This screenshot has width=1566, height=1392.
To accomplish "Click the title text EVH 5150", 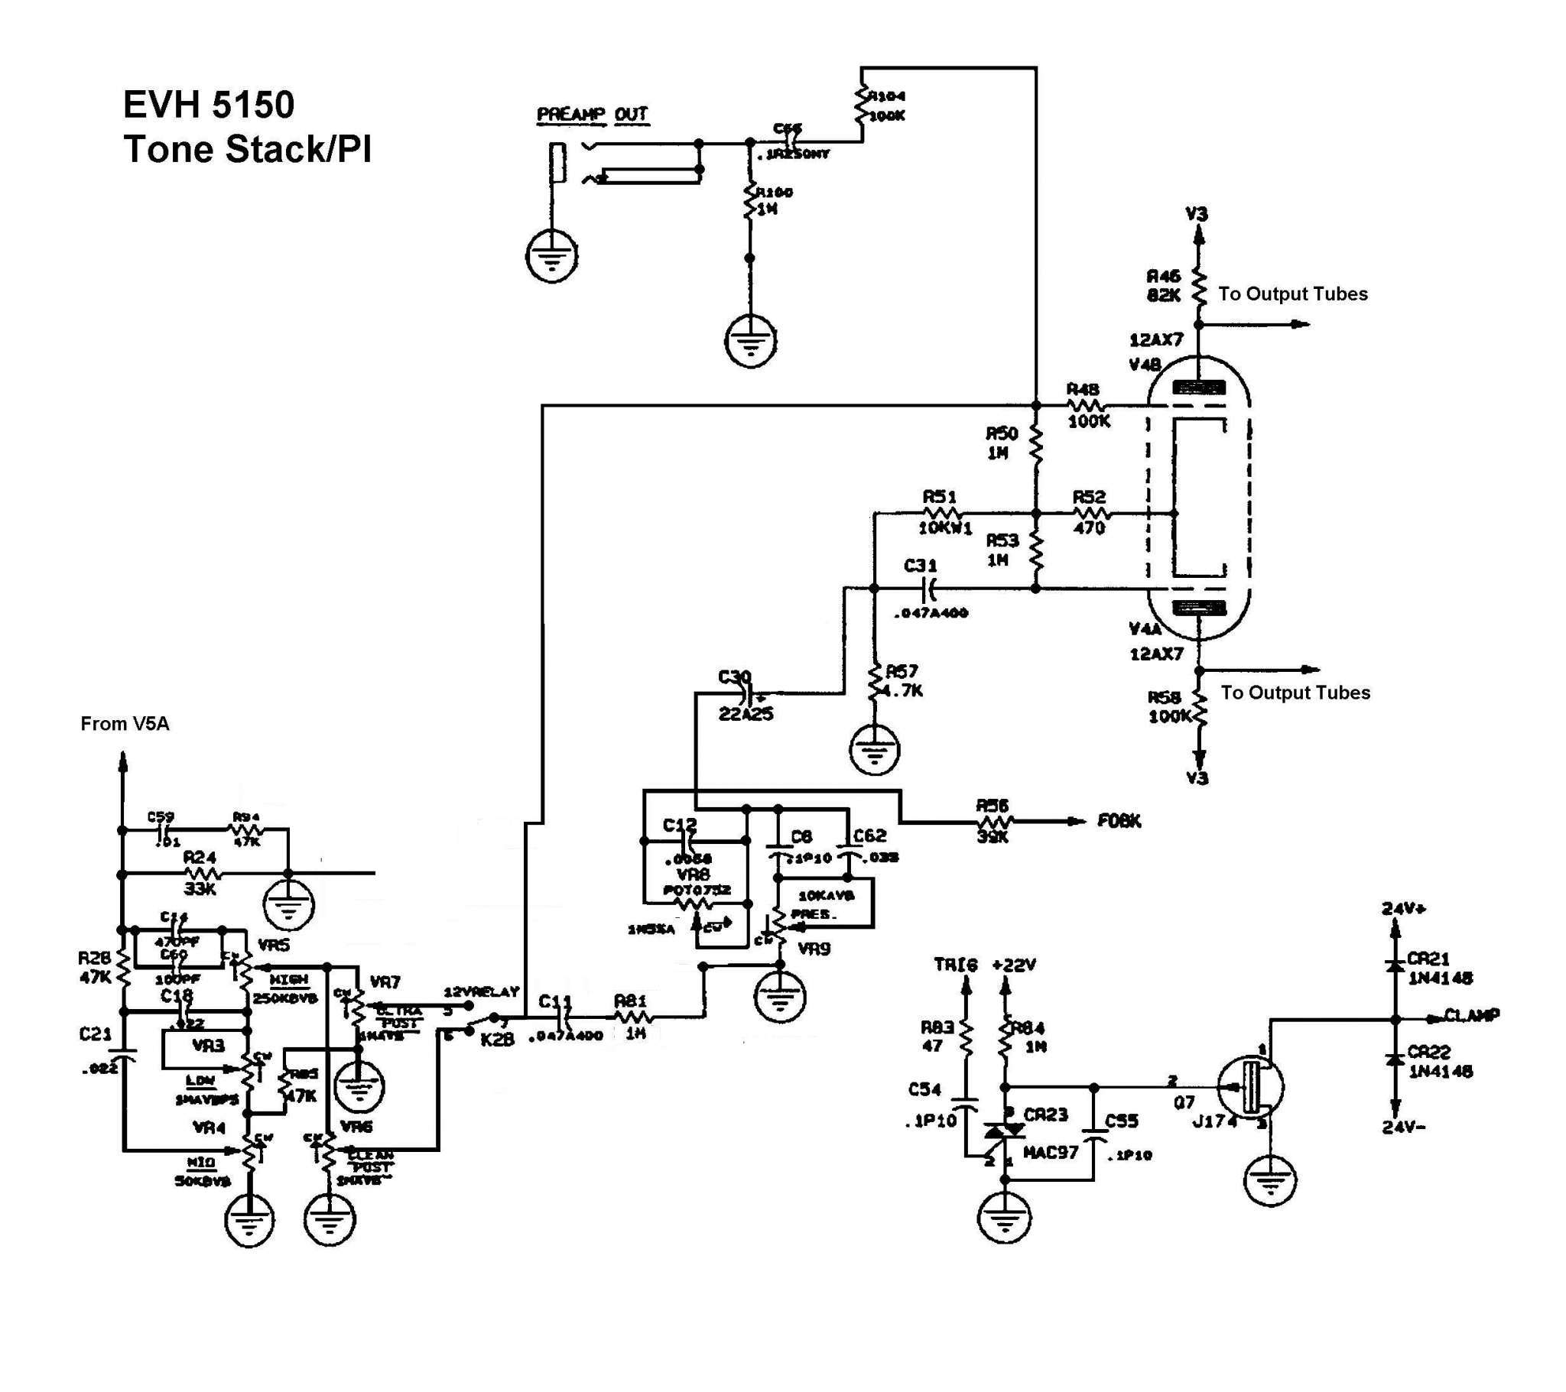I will (209, 104).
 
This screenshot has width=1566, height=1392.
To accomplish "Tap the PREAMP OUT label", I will (593, 115).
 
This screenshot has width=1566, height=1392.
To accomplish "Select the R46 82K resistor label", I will (1163, 286).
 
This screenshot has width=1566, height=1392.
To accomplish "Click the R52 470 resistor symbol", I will (1091, 513).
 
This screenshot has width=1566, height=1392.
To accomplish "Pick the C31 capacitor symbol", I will (929, 589).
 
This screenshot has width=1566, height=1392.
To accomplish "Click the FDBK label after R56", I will (1119, 821).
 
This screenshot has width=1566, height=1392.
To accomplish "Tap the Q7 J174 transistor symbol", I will (1250, 1086).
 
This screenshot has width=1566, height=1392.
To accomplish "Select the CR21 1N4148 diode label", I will (1440, 969).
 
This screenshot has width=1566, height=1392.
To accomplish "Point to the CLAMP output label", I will (1472, 1016).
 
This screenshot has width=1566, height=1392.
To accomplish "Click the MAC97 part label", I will (1051, 1151).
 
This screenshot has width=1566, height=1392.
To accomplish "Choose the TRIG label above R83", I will (955, 965).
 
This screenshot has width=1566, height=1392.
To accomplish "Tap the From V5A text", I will (125, 724).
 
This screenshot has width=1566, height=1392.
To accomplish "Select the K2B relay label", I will (497, 1040).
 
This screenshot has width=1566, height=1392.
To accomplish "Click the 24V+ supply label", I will (1405, 909).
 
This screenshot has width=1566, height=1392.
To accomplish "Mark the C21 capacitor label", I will (96, 1034).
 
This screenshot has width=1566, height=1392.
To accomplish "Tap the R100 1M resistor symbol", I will (750, 203).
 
